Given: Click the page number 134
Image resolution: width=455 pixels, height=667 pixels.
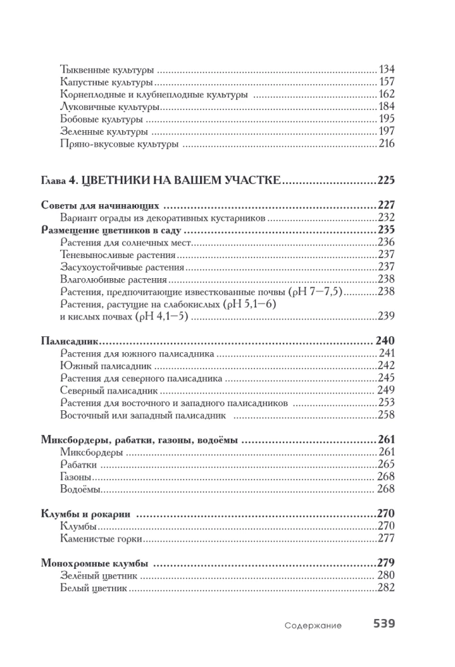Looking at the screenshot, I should pos(387,69).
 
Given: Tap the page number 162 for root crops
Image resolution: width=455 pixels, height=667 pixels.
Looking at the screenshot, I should pos(387,95).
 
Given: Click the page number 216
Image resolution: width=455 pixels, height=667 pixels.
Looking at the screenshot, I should pos(387,144).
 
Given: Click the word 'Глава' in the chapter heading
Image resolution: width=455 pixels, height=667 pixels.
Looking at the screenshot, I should pos(54,180).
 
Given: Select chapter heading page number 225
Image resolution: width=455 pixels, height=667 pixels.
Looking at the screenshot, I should pos(386,179).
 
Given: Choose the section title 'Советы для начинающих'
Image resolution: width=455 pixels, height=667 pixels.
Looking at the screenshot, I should pos(99,205).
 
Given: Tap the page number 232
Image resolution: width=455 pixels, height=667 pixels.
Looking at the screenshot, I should pos(387,217).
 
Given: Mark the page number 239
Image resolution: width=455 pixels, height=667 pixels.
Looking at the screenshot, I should pos(387,317).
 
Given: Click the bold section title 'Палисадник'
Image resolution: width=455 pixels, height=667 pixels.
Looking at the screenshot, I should pos(69,341).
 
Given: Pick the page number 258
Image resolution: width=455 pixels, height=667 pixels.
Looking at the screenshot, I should pos(387,415).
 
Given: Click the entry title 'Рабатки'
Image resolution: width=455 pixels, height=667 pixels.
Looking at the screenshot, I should pos(79,464).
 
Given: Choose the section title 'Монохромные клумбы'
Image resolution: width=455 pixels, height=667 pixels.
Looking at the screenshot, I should pos(94,562).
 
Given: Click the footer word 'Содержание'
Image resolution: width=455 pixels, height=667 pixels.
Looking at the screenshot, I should pos(312,626).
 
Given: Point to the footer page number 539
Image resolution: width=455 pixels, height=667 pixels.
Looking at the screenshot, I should pos(384,624).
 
